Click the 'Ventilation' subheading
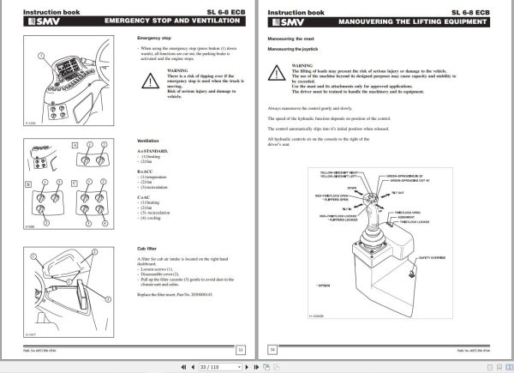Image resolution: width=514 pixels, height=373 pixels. (150, 140)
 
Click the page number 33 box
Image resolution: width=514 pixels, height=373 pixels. (241, 350)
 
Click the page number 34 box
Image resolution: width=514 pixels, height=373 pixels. (274, 350)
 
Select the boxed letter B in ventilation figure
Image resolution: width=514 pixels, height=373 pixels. (27, 183)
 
